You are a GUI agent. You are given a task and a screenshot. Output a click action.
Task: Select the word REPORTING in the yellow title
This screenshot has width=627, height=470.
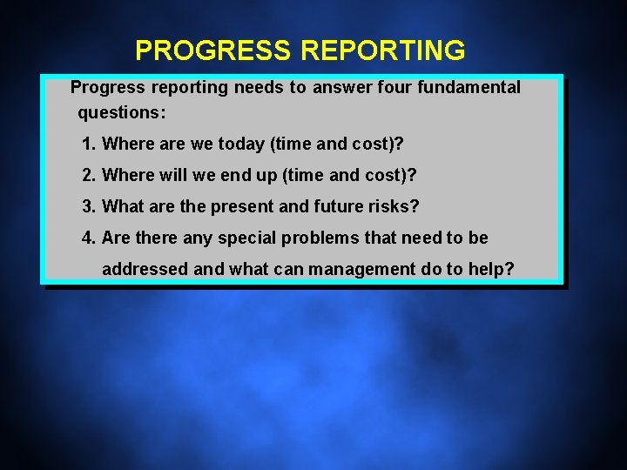(382, 51)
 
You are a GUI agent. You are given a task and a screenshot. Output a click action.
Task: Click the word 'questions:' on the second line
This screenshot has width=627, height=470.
(122, 113)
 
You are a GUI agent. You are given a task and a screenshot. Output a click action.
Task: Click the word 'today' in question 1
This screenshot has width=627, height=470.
(241, 144)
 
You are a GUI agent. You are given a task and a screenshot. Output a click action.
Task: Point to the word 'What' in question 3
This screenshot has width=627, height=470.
(122, 206)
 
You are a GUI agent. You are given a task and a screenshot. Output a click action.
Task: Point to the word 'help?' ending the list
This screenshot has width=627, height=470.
(492, 269)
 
